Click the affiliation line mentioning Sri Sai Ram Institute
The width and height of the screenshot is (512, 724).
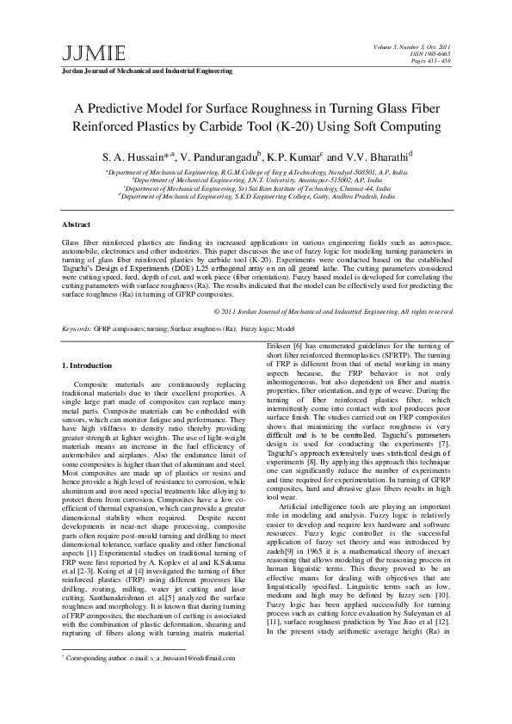256,187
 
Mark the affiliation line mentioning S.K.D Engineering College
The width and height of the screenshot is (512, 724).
256,195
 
